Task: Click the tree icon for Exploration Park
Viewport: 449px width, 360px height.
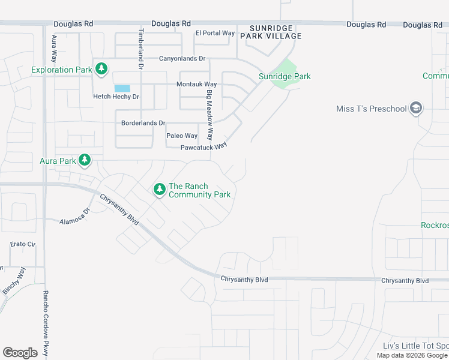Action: pos(102,69)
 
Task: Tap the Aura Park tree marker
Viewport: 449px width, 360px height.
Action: pos(85,160)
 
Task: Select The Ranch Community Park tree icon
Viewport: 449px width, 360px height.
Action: pos(159,190)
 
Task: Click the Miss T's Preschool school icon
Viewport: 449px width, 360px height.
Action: pos(416,109)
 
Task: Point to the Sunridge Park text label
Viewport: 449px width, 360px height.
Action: pos(285,76)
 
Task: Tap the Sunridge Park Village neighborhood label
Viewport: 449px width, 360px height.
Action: pos(271,32)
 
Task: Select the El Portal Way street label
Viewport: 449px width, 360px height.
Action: pos(215,33)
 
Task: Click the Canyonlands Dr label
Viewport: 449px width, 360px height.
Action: pos(182,59)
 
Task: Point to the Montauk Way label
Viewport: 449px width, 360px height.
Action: pos(196,85)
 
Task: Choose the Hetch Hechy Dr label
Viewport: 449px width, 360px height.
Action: pos(116,97)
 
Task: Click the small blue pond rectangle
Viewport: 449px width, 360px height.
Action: pos(122,88)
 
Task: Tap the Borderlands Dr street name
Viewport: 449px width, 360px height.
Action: pos(143,123)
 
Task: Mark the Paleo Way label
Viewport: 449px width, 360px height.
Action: pos(182,136)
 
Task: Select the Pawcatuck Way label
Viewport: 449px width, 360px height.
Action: pos(204,147)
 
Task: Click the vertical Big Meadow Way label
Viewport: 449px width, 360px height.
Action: pos(209,115)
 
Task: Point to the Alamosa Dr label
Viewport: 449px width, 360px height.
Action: pos(74,217)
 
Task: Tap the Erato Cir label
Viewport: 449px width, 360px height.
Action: pos(23,244)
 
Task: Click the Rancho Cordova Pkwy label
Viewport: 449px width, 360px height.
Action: pos(45,324)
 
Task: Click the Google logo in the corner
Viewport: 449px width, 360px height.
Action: pos(20,353)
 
